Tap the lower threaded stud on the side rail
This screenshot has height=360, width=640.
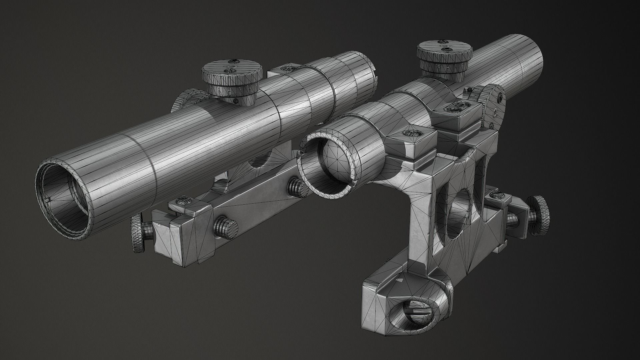[x=226, y=228]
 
